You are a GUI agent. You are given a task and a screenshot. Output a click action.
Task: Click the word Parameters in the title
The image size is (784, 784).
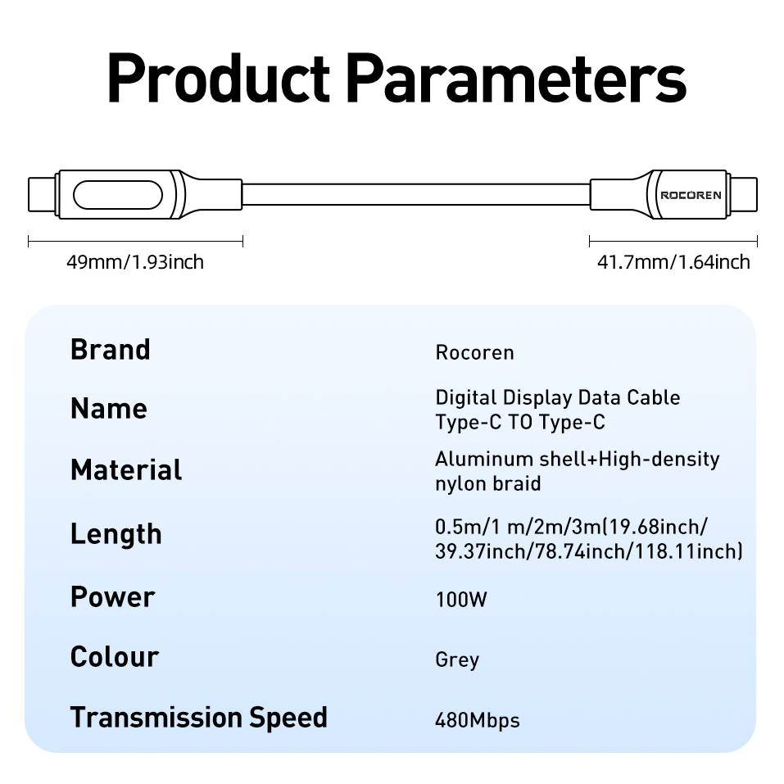click(x=515, y=79)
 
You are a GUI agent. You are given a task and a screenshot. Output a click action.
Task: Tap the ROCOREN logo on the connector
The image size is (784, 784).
click(x=691, y=195)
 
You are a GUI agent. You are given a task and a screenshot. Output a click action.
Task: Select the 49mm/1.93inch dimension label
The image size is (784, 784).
click(x=135, y=262)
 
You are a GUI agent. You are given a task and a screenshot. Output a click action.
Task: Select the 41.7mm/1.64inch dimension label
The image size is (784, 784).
click(x=673, y=262)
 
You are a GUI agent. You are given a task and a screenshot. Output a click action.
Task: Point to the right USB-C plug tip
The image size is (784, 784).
click(x=744, y=195)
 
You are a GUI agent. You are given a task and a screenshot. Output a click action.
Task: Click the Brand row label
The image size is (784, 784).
click(x=111, y=350)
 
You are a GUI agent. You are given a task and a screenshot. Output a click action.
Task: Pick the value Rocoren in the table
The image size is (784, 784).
click(x=475, y=353)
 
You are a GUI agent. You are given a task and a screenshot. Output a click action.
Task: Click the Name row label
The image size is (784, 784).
click(x=109, y=409)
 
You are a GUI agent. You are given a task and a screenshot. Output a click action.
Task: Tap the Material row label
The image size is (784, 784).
click(x=126, y=470)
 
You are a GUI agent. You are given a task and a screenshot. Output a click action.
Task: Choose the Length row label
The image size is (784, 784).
click(x=116, y=534)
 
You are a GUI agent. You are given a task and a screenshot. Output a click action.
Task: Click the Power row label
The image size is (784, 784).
click(x=112, y=597)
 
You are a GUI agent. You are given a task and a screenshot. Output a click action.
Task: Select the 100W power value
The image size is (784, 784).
click(x=461, y=600)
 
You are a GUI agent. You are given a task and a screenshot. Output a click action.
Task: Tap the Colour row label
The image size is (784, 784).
click(x=115, y=657)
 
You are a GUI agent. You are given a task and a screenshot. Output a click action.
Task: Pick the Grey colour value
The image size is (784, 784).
click(x=457, y=660)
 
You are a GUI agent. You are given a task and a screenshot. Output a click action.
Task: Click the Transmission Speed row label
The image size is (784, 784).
click(x=199, y=718)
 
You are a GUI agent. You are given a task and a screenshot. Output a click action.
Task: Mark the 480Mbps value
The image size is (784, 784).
click(x=478, y=721)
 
